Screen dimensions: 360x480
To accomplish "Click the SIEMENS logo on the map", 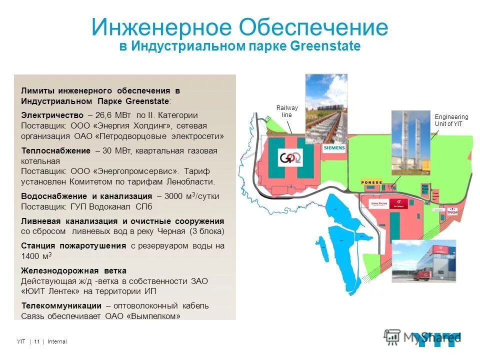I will pyautogui.click(x=333, y=148).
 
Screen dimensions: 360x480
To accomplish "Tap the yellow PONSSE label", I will pyautogui.click(x=371, y=182).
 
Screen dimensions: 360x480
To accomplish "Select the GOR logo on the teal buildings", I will pyautogui.click(x=290, y=158).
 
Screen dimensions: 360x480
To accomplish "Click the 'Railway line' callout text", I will pyautogui.click(x=287, y=111).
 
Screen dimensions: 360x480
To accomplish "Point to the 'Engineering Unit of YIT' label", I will pyautogui.click(x=451, y=120).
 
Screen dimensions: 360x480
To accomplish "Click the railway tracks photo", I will pyautogui.click(x=326, y=108).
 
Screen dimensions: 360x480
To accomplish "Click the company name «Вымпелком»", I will pyautogui.click(x=154, y=316).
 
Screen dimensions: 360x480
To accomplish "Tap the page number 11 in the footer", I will pyautogui.click(x=37, y=341).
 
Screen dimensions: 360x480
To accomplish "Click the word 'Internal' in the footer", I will pyautogui.click(x=56, y=341).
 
